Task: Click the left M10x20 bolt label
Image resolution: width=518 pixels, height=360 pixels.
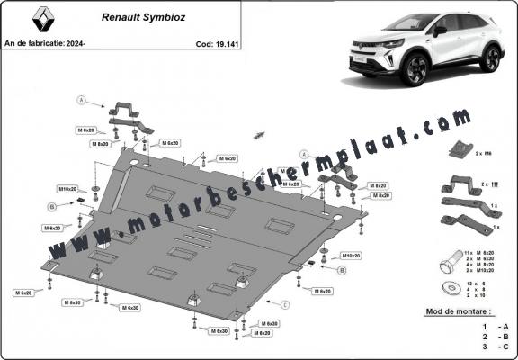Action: point(68,190)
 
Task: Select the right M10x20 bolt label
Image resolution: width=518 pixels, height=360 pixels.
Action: point(352,256)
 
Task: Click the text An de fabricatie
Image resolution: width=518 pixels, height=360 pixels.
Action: point(33,42)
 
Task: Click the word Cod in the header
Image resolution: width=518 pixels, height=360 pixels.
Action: point(201,42)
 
